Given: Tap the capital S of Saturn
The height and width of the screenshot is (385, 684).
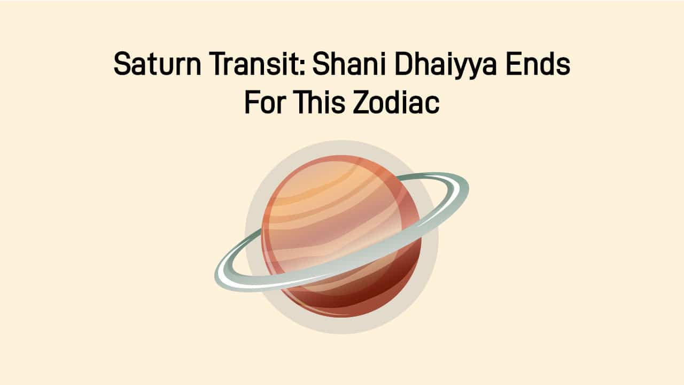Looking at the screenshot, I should tap(122, 65).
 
